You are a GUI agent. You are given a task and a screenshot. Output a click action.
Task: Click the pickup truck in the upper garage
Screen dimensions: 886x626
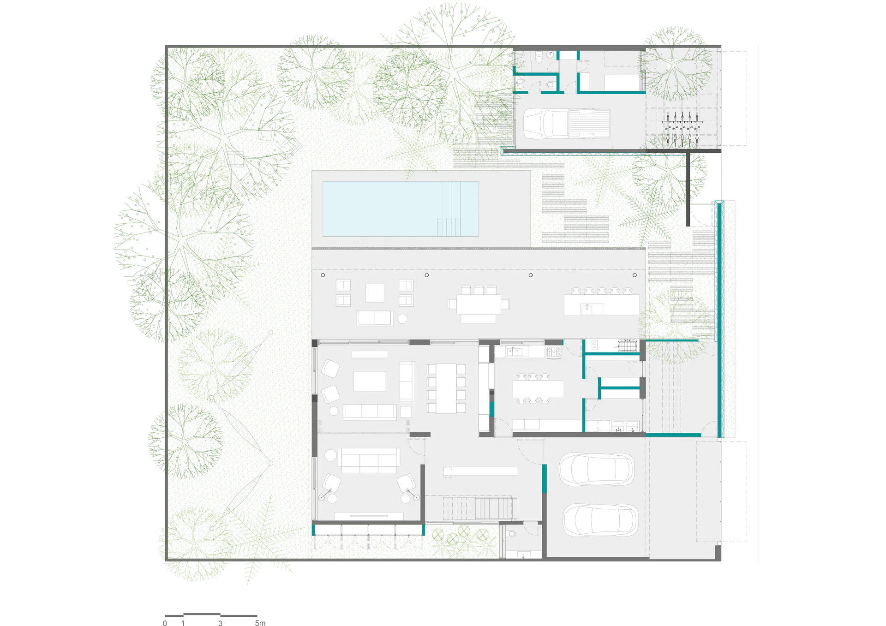[x=567, y=123]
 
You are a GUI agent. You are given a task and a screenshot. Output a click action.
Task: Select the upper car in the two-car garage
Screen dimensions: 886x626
[x=597, y=470]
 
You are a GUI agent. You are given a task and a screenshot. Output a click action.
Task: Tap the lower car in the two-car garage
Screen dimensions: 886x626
[x=600, y=520]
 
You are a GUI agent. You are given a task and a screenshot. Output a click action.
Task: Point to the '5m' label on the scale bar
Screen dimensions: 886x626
[x=260, y=623]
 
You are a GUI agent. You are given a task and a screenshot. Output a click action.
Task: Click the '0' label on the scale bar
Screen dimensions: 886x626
[x=165, y=623]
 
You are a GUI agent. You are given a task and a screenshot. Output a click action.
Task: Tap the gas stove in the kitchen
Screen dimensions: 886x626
[x=554, y=352]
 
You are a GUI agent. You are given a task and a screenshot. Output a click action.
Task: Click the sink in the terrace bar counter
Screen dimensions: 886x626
[x=587, y=309]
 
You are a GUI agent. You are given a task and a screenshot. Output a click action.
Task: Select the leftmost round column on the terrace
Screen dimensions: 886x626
[x=323, y=275]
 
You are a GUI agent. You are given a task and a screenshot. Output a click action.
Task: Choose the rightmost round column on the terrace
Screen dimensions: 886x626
[x=635, y=275]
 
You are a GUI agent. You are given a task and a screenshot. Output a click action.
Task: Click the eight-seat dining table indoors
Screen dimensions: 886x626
[x=446, y=388]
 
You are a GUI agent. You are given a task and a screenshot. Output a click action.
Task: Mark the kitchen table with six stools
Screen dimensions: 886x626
[x=538, y=388]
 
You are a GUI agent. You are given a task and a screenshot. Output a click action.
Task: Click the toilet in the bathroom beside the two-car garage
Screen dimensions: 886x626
[x=511, y=534]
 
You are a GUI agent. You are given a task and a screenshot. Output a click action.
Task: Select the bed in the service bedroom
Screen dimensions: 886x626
[x=622, y=82]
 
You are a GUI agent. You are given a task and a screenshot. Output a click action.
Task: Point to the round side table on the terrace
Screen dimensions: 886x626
[x=402, y=318]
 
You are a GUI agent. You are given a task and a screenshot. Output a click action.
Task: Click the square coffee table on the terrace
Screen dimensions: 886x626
[x=375, y=293]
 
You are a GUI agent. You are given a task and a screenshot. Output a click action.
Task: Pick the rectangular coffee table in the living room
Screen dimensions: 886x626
[x=370, y=382]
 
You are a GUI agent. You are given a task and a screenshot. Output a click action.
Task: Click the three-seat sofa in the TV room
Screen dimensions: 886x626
[x=369, y=460]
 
